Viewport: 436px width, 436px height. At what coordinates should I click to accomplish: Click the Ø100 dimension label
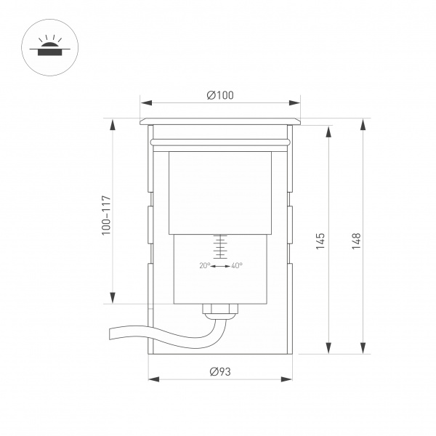219,96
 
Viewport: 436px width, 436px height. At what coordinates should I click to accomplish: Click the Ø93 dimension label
219,371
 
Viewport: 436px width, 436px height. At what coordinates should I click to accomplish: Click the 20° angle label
204,265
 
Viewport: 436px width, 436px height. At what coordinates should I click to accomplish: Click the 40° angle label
236,265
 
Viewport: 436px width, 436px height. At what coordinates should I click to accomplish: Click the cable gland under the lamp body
220,310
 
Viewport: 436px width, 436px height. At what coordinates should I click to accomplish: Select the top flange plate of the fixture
219,120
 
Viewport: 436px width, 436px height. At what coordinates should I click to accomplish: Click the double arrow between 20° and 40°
220,266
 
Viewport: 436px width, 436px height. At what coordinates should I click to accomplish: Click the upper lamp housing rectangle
219,193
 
